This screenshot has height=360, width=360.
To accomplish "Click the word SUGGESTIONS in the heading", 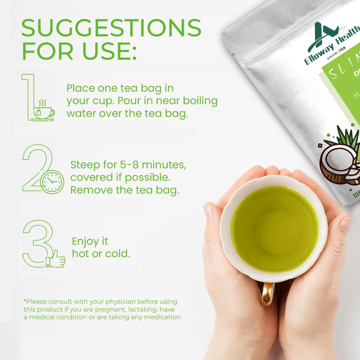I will pos(111,28).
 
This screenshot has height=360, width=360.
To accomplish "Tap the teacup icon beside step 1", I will pos(43,111).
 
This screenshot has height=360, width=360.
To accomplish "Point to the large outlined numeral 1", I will pos(28,97).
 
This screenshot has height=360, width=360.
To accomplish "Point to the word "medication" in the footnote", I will pos(160,317).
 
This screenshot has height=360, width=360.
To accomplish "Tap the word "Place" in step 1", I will pos(81,88).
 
